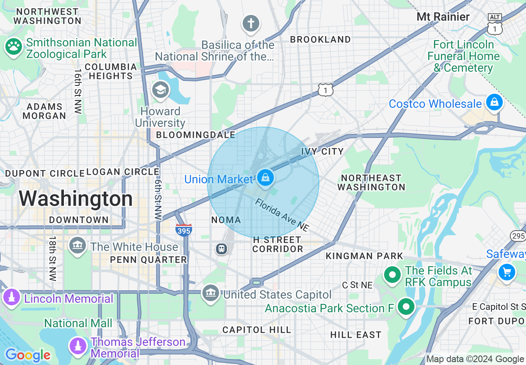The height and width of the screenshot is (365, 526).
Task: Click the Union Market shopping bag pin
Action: pos(264,178)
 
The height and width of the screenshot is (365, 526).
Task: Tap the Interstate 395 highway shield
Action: pos(183,229)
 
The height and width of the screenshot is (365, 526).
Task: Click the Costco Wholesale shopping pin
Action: pos(494,102)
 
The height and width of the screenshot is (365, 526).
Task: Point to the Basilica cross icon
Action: pos(251,23)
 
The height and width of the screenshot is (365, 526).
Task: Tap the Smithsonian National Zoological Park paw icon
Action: pos(13,47)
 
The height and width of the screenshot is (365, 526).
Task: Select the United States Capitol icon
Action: pos(210,293)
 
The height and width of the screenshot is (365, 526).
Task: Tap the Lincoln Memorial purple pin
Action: pos(11,297)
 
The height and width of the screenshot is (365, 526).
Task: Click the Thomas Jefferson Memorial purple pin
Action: pos(78,346)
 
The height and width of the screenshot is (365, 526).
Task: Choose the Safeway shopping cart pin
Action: pos(507,273)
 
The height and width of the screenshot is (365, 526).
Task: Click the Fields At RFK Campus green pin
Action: pos(392,275)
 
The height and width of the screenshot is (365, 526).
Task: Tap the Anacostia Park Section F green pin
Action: pos(406,307)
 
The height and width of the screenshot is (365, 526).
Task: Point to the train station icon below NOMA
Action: pos(222,249)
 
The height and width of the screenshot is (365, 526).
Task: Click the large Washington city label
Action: pos(75,199)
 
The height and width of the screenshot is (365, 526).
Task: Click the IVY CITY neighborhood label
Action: pos(322,151)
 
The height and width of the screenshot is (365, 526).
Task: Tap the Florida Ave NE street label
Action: pos(282,215)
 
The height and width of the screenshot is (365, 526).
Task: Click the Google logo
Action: pos(27,355)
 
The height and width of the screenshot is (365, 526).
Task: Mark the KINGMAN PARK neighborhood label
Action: pos(364,256)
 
